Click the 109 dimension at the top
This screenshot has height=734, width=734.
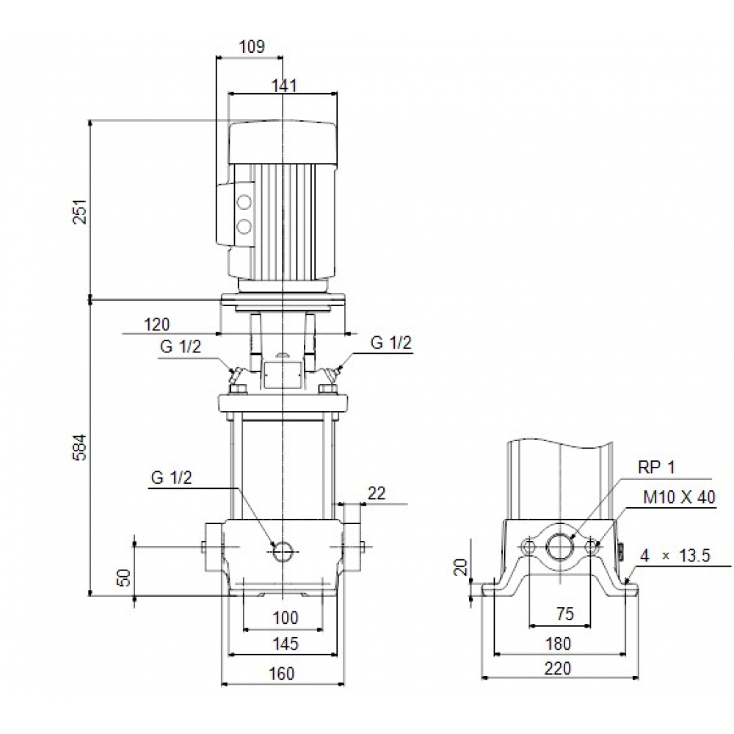(x=252, y=48)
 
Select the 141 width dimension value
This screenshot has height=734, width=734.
(x=283, y=86)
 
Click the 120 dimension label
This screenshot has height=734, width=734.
(x=156, y=324)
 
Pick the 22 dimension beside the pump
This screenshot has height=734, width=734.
(x=376, y=495)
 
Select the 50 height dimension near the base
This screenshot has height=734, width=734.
(x=124, y=577)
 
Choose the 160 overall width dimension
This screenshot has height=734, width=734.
(x=283, y=673)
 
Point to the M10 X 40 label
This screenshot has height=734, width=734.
(x=678, y=498)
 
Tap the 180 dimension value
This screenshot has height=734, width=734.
(x=559, y=644)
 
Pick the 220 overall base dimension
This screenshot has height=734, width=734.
(x=559, y=669)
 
